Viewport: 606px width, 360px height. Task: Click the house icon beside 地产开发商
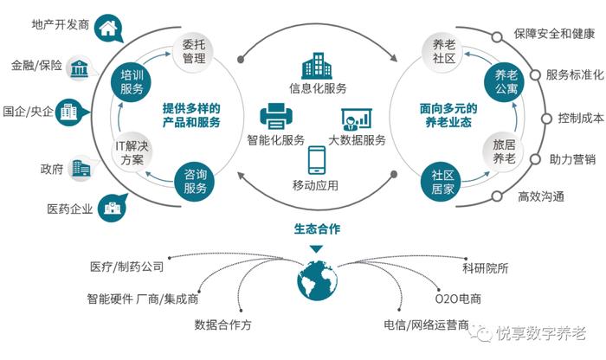coord(108,29)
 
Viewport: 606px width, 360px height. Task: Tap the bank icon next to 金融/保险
coord(80,68)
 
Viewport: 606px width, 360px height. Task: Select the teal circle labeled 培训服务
coord(131,82)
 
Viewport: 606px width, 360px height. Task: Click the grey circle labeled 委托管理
coord(194,52)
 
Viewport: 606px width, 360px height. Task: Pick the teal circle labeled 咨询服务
coord(195,182)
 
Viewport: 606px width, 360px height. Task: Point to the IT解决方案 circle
coord(132,153)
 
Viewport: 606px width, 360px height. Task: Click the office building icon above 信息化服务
coord(317,66)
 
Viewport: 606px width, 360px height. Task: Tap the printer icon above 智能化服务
coord(276,116)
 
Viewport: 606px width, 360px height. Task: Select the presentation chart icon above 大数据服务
coord(357,119)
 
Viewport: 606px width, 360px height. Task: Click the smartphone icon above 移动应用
coord(317,160)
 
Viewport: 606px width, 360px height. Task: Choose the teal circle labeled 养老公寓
coord(505,82)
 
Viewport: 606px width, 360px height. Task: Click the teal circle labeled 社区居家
coord(441,182)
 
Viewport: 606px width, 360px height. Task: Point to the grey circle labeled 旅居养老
coord(504,151)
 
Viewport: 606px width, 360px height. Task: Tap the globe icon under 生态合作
coord(318,280)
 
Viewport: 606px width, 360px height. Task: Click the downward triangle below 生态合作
coord(316,249)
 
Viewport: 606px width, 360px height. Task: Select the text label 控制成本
coord(581,119)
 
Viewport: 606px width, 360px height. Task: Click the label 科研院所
coord(486,268)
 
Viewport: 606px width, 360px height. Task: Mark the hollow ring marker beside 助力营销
coord(535,159)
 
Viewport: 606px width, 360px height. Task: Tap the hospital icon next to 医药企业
coord(112,209)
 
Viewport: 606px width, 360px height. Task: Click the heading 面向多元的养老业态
coord(448,115)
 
